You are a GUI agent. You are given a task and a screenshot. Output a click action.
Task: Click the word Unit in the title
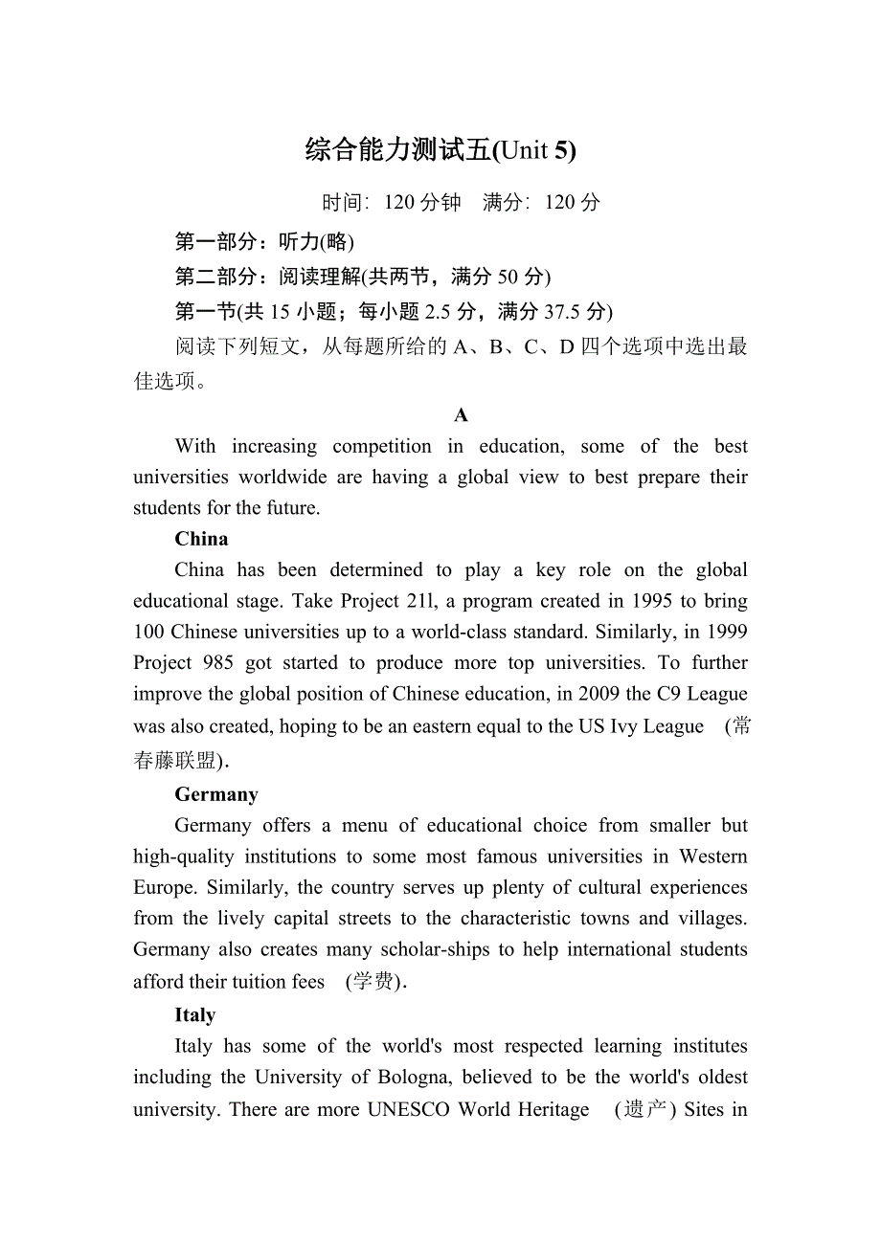(x=525, y=150)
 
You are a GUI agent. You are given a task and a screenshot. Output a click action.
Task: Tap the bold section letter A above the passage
(x=461, y=415)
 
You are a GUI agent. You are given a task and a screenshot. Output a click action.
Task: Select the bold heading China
(x=201, y=539)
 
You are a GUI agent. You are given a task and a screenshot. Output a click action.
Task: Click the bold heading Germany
(x=216, y=794)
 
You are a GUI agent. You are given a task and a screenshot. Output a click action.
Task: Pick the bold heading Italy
(x=194, y=1015)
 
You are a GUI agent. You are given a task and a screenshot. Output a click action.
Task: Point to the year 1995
(x=655, y=601)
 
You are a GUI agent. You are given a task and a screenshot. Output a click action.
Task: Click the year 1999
(x=725, y=632)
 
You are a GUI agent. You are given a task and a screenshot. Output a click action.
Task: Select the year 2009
(x=599, y=694)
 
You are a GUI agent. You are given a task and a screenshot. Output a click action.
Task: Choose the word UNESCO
(x=409, y=1110)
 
